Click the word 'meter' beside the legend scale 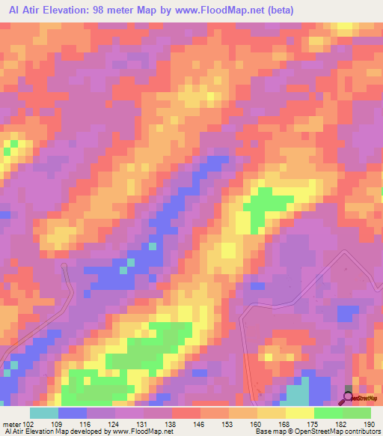pos(10,423)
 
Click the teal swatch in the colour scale pos(43,413)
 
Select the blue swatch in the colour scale pos(72,413)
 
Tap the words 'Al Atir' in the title pos(21,10)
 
